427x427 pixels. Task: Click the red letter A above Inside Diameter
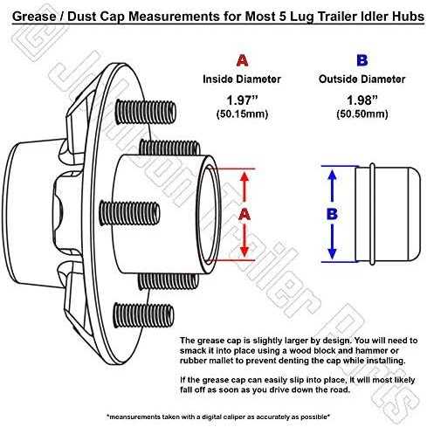click(x=242, y=60)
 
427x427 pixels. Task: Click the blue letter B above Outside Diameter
click(x=362, y=60)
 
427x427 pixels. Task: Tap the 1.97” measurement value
click(x=242, y=100)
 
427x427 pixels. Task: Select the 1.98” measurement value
click(x=362, y=100)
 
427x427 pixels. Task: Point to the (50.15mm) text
click(x=242, y=114)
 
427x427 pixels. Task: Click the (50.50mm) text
click(x=362, y=114)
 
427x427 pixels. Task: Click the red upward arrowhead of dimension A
click(x=244, y=176)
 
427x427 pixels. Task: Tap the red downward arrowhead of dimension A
click(x=244, y=251)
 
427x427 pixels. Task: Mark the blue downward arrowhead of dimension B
click(x=332, y=254)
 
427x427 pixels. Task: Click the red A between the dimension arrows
click(x=244, y=214)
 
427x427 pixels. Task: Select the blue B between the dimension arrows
click(x=332, y=214)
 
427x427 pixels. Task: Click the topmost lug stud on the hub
click(x=146, y=112)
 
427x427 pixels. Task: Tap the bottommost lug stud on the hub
click(x=144, y=315)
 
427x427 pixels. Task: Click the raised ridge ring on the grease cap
click(x=372, y=214)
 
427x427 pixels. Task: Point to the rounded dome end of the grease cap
click(x=413, y=214)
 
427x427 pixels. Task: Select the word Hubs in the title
click(x=408, y=17)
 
